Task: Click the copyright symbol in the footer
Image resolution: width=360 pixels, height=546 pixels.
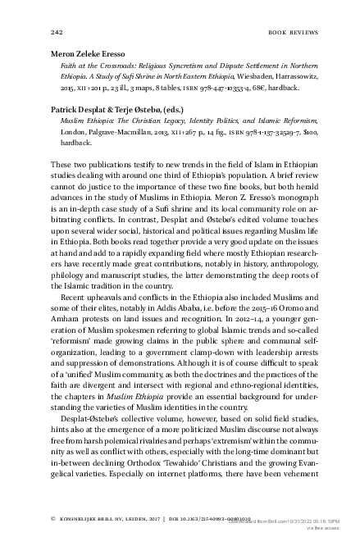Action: [53, 518]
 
